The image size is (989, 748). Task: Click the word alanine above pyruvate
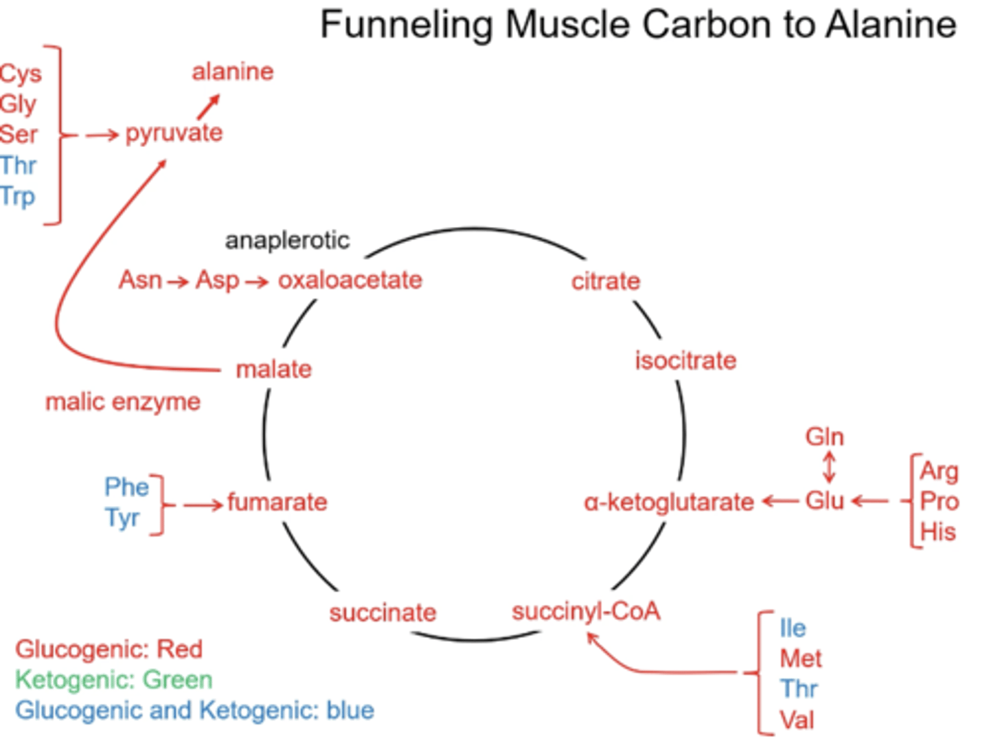(232, 71)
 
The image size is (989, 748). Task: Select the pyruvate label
(174, 133)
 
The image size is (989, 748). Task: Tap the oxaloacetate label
(350, 280)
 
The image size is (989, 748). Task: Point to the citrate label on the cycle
(605, 280)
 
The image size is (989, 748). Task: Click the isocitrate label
(685, 360)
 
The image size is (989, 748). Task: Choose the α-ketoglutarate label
(668, 503)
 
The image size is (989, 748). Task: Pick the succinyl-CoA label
(585, 611)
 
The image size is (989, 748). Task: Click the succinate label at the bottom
(383, 613)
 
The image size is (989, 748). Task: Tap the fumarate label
(277, 502)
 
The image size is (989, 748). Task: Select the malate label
(273, 369)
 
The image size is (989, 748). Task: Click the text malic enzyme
(123, 401)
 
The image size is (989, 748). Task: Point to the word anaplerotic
(287, 240)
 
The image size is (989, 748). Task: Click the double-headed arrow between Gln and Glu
(829, 467)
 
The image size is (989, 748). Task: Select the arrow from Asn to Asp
(178, 281)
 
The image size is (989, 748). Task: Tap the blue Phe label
(126, 487)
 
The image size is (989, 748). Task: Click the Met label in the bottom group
(800, 659)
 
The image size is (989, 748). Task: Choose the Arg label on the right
(938, 471)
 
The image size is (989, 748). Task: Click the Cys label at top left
(21, 74)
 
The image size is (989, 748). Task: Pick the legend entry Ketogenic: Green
(113, 680)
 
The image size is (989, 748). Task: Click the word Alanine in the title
(891, 25)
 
